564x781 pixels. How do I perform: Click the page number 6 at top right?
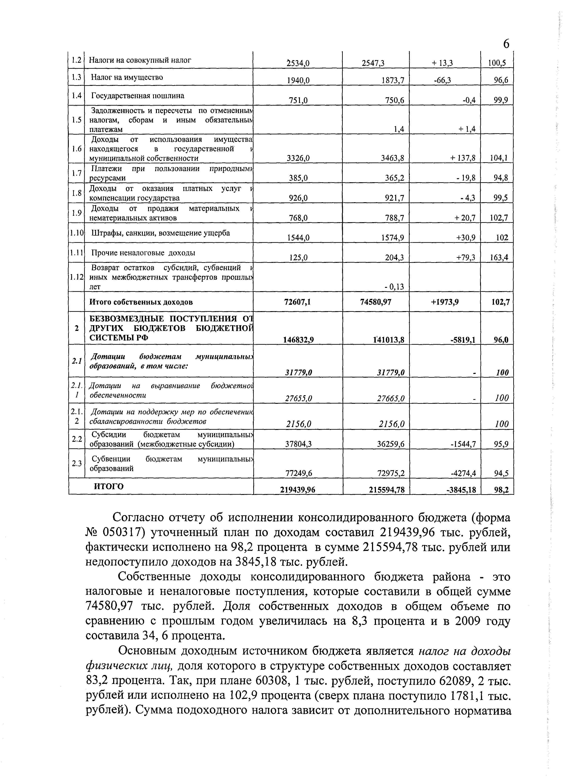coord(506,44)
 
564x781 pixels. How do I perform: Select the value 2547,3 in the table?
coord(373,63)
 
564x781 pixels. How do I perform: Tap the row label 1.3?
coord(76,77)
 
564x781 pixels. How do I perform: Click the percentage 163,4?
coord(499,258)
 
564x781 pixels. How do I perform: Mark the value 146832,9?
coord(298,340)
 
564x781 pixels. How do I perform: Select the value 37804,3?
coord(298,444)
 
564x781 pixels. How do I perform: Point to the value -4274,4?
coord(463,473)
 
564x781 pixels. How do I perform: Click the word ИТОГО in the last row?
coord(109,486)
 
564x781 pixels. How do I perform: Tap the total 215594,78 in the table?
coord(386,490)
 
